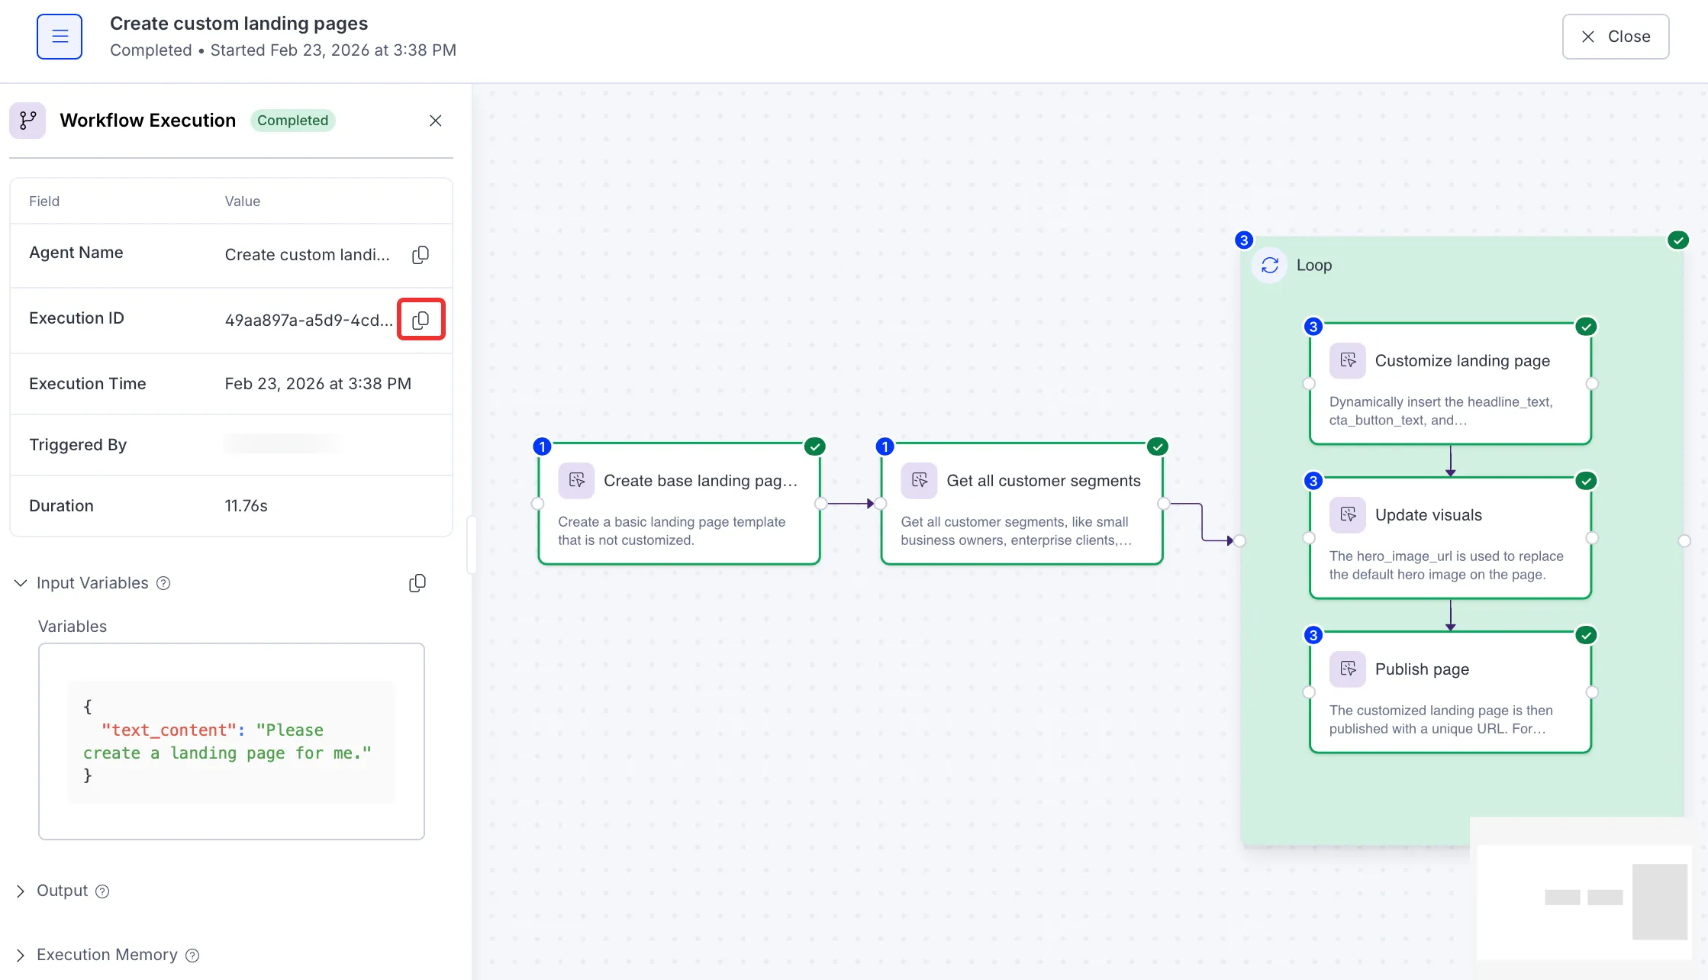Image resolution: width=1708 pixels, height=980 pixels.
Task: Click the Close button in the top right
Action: [1615, 37]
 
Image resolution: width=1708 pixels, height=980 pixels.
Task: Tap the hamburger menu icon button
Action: [60, 37]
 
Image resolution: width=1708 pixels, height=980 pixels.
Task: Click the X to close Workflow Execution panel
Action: [436, 121]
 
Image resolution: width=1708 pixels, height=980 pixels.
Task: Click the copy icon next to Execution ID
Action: [421, 320]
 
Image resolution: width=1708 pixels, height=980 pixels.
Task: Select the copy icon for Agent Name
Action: [421, 255]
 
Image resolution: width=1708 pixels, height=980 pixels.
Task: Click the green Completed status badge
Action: [293, 121]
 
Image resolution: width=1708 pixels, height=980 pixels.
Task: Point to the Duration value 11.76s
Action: [246, 506]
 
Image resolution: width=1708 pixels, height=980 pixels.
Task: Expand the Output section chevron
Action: [21, 891]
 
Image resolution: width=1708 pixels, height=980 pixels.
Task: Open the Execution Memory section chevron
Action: [21, 955]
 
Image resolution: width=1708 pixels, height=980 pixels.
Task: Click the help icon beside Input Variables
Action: [163, 583]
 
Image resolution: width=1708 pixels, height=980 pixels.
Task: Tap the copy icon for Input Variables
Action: [417, 583]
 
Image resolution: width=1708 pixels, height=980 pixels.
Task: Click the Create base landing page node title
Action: [701, 481]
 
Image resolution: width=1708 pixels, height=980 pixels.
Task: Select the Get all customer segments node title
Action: [1044, 481]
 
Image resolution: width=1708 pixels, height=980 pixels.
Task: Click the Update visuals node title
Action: [1429, 515]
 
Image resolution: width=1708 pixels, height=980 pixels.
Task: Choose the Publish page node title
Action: [1422, 669]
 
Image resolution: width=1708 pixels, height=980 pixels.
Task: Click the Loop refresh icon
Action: [1270, 265]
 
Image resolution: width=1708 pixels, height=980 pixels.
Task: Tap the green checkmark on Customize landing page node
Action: [1587, 327]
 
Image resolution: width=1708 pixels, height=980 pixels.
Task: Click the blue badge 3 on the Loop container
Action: [1244, 240]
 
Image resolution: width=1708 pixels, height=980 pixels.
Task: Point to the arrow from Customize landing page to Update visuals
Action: [1451, 461]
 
